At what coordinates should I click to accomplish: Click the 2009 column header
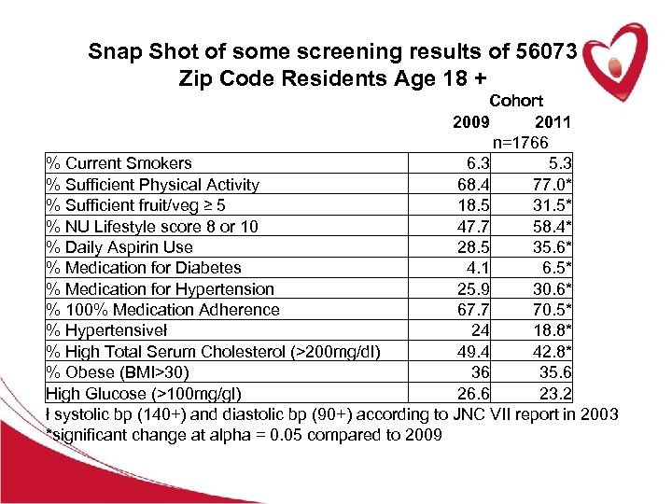click(x=470, y=122)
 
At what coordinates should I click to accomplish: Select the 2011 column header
click(x=553, y=122)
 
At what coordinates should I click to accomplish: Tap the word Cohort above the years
click(x=516, y=101)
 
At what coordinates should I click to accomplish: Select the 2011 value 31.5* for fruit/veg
click(x=550, y=205)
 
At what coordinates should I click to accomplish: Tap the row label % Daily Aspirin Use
click(x=119, y=247)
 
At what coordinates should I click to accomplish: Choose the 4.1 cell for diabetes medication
click(x=479, y=268)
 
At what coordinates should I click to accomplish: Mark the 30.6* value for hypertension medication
click(x=550, y=289)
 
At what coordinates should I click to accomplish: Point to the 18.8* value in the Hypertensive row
click(x=550, y=330)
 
